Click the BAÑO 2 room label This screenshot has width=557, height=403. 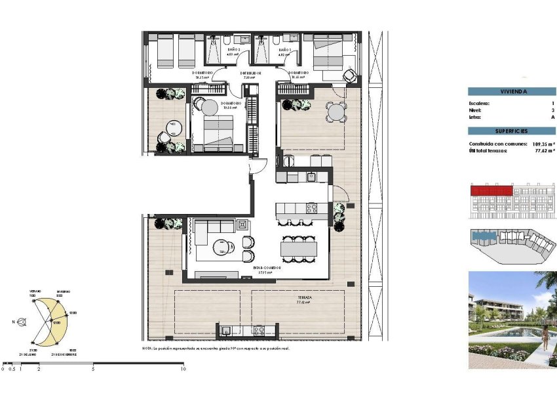[x=235, y=50]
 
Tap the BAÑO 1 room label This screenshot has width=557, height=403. [x=284, y=50]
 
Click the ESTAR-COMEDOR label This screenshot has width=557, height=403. [x=268, y=268]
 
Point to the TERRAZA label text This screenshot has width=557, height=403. [x=303, y=297]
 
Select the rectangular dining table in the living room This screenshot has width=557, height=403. [x=299, y=248]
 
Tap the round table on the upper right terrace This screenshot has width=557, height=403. [x=337, y=112]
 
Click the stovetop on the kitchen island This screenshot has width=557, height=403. [x=312, y=209]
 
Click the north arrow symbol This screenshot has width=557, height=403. [x=22, y=322]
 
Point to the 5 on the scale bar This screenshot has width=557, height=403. [x=93, y=370]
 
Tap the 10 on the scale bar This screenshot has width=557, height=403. [x=183, y=370]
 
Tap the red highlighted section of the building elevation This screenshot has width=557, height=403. [x=491, y=190]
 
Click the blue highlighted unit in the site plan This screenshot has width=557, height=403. [x=484, y=235]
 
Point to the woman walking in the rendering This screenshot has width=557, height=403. [x=546, y=339]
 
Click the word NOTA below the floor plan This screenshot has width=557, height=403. [x=147, y=349]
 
